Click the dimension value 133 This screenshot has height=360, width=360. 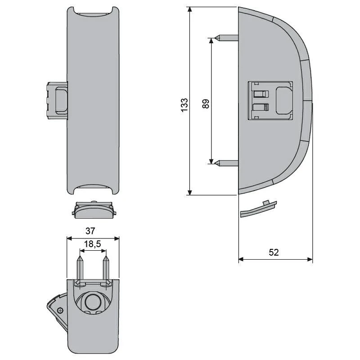point(184,105)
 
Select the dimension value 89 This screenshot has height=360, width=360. point(206,103)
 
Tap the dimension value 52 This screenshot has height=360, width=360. point(274,252)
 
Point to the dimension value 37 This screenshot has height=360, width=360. point(90,231)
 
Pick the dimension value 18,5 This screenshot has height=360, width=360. point(92,244)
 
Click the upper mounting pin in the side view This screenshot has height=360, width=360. point(227,38)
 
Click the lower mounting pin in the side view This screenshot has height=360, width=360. point(227,163)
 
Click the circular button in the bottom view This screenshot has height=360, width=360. point(92,301)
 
